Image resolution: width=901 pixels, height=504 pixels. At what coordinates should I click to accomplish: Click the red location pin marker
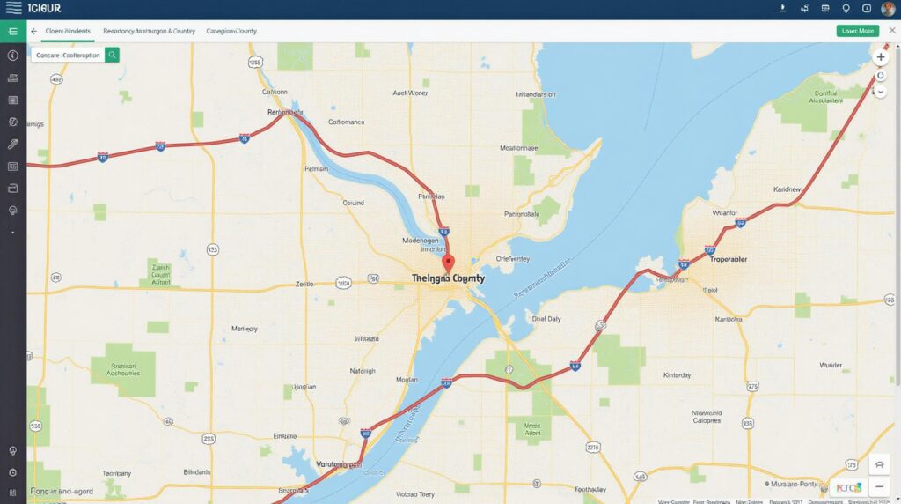point(448,263)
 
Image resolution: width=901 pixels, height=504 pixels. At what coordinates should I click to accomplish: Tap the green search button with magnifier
point(112,55)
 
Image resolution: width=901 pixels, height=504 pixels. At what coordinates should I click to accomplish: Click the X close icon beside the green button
point(891,30)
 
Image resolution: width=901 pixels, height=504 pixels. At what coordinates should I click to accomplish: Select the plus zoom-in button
point(880,56)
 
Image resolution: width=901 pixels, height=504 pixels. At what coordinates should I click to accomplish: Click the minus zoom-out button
point(880,486)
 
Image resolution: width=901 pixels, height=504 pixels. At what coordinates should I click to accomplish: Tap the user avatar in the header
point(888,9)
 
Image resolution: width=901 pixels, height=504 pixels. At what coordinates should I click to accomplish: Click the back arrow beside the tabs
point(33,31)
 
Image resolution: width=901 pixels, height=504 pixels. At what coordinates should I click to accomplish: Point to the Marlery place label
point(244,329)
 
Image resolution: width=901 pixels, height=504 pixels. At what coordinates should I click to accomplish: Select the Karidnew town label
point(787,189)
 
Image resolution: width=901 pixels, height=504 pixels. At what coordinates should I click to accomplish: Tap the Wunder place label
point(830,364)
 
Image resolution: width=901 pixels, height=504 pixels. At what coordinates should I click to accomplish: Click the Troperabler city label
point(728,260)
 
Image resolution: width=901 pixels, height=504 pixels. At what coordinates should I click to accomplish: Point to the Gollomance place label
point(345,122)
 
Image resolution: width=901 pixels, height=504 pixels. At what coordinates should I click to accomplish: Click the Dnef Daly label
point(546,319)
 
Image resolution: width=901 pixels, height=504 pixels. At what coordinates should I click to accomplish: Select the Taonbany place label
point(116,472)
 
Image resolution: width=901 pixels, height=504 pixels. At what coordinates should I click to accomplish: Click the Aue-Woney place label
point(410,92)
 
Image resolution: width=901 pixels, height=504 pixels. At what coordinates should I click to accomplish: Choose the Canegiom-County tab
point(231,31)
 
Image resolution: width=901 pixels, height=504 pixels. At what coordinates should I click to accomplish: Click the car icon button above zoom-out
point(880,464)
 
